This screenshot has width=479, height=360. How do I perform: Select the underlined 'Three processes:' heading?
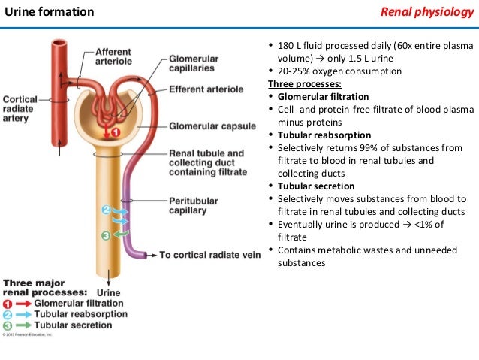pos(304,84)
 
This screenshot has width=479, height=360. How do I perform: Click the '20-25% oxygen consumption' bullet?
pos(340,71)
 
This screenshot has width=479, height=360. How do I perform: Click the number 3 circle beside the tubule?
pos(106,236)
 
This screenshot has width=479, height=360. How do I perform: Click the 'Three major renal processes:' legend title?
pos(45,287)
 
